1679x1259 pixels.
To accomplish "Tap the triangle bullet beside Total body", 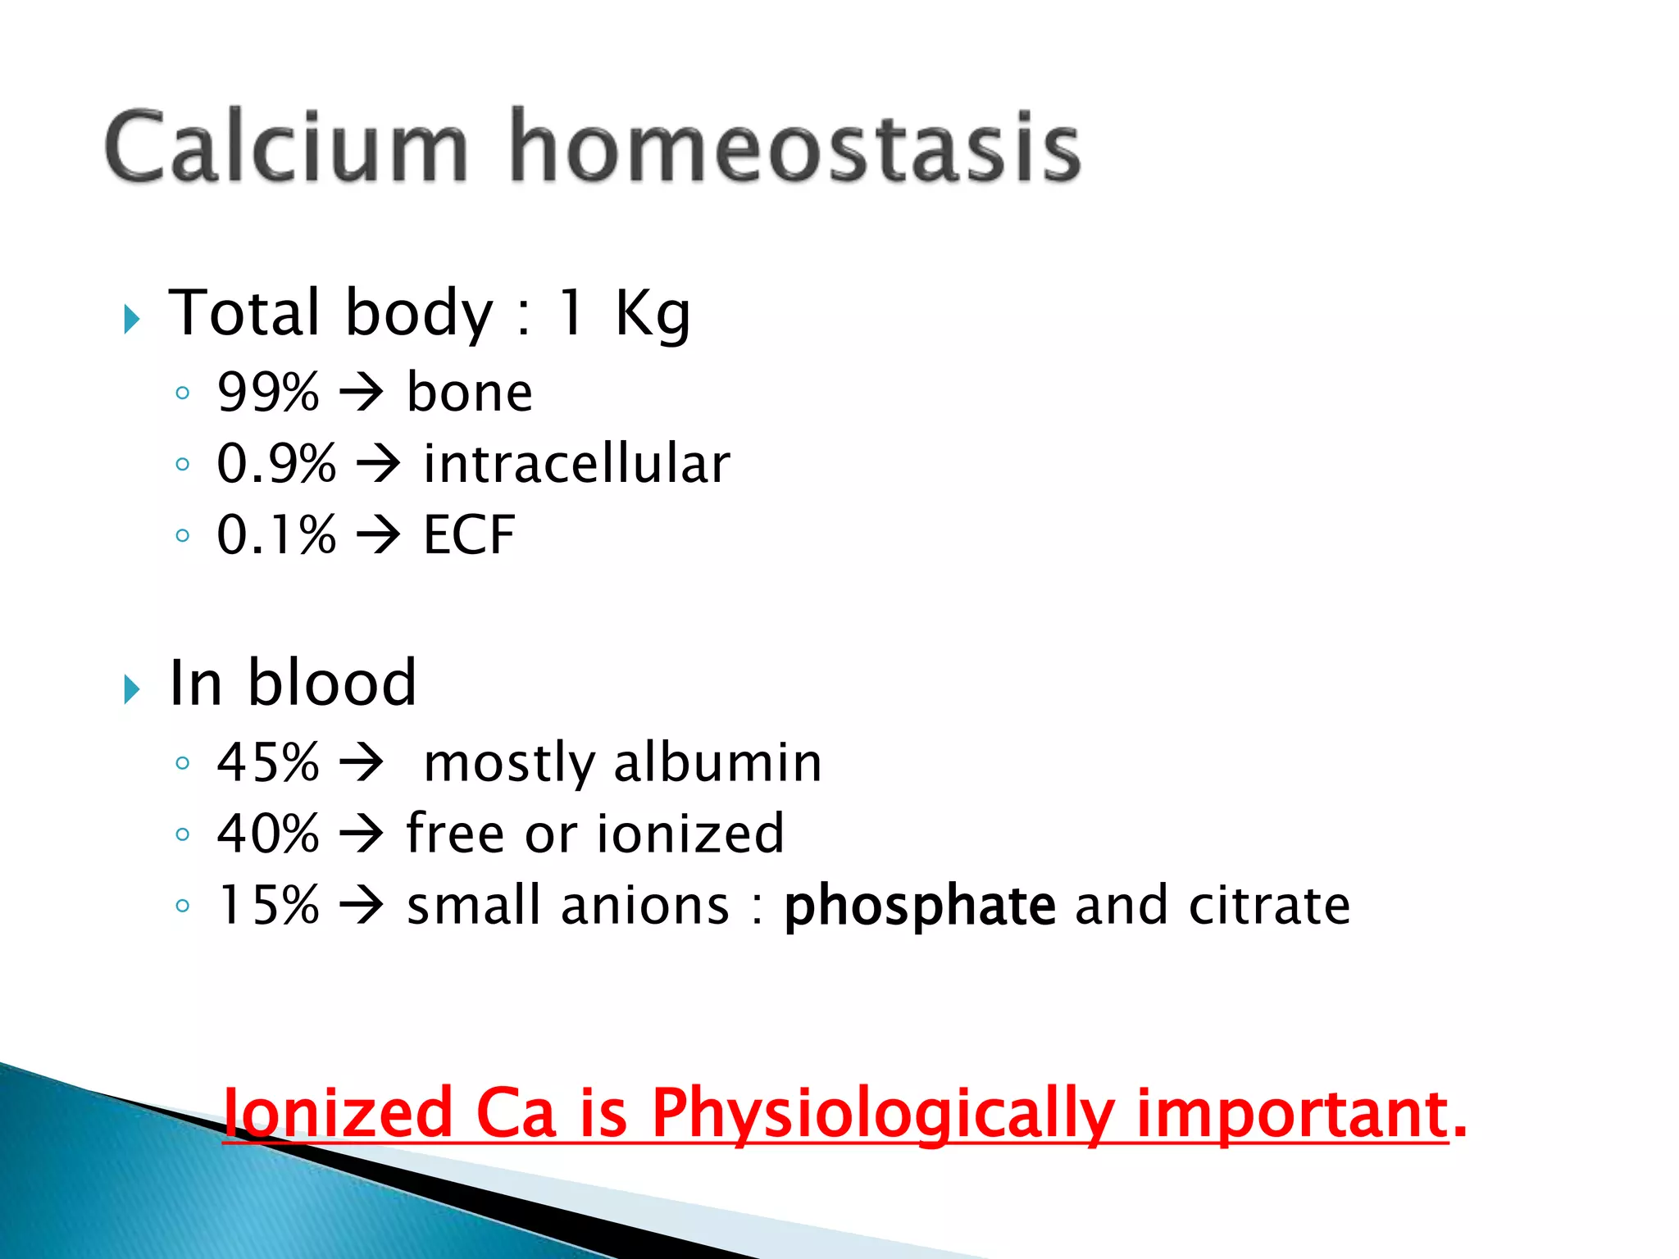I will coord(132,319).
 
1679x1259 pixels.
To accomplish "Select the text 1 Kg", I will coord(623,314).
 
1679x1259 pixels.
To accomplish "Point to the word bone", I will coord(470,392).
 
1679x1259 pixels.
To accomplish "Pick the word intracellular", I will coord(576,463).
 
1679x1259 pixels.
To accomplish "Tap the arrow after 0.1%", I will coord(379,535).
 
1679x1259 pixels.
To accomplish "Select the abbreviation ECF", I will coord(469,535).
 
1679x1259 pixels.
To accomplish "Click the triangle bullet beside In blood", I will coord(132,689).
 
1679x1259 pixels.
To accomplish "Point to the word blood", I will coord(332,683).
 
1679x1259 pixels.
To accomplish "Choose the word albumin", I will coord(717,762).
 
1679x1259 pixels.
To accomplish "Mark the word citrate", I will coord(1269,905).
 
